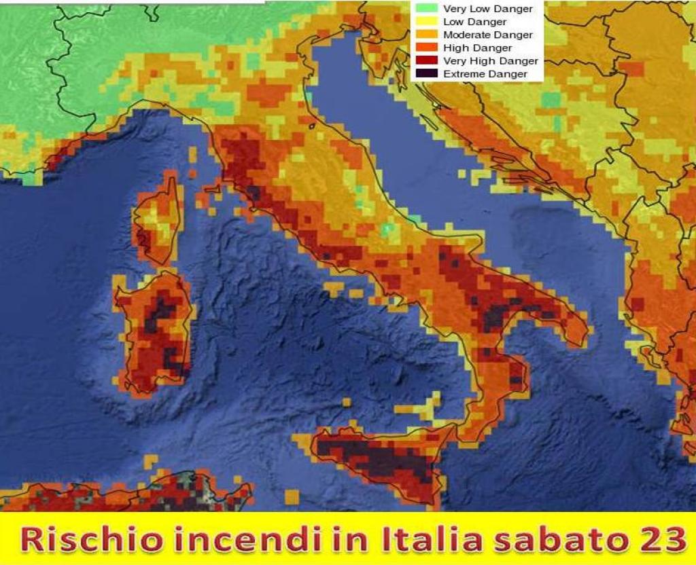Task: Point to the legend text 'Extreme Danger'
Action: pos(485,74)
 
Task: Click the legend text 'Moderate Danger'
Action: pos(487,35)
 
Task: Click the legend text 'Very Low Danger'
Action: pos(487,9)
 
